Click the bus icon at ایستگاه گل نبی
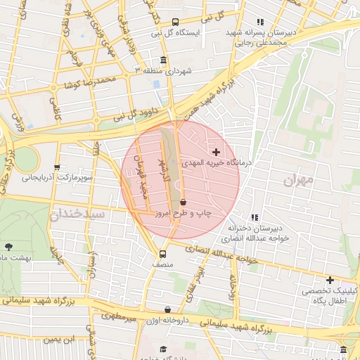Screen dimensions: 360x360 [176, 21]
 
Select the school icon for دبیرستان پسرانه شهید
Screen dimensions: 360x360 [261, 22]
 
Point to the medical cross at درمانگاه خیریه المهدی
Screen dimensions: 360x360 [216, 152]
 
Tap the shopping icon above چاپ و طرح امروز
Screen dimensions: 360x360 [183, 202]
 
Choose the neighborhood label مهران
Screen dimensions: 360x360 [297, 180]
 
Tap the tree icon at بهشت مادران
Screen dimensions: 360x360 [8, 247]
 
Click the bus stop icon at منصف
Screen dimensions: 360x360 [163, 254]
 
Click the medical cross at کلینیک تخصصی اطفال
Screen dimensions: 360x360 [330, 280]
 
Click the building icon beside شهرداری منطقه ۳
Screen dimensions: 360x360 [164, 60]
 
